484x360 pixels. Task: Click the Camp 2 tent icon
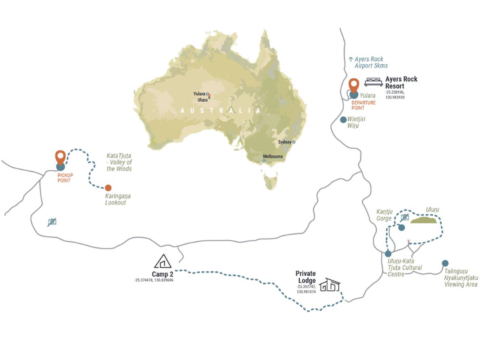[163, 261]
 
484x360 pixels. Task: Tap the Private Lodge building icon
[330, 285]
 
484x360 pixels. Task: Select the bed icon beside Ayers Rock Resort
[373, 82]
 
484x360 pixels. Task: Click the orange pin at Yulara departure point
[354, 86]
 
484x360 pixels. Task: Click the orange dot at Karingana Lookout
[108, 188]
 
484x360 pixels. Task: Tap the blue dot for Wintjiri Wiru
[343, 120]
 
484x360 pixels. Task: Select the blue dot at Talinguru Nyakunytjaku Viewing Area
[445, 263]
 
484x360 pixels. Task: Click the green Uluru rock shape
[423, 220]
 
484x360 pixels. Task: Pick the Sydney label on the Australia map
[284, 142]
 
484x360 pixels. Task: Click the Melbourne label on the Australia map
[273, 157]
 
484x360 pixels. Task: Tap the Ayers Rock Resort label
[401, 82]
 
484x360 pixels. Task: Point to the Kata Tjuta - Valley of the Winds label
[119, 162]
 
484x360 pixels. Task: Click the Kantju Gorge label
[384, 215]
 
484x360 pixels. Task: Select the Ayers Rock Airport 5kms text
[368, 63]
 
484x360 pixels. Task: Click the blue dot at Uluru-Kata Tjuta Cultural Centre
[388, 254]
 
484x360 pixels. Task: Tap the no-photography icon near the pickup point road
[52, 222]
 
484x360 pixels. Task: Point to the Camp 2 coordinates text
[154, 280]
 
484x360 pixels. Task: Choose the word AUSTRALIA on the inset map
[221, 111]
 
